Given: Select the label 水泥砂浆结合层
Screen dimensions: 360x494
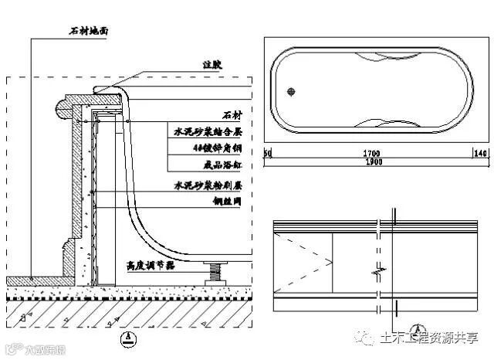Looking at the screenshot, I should [x=208, y=132].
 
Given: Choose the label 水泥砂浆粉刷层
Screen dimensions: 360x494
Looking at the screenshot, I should [x=208, y=186].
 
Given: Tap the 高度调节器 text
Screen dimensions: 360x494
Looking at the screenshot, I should [x=151, y=265].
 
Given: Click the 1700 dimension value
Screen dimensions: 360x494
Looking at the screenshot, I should [x=370, y=154].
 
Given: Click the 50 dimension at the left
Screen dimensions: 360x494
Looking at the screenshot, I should [x=268, y=154].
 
